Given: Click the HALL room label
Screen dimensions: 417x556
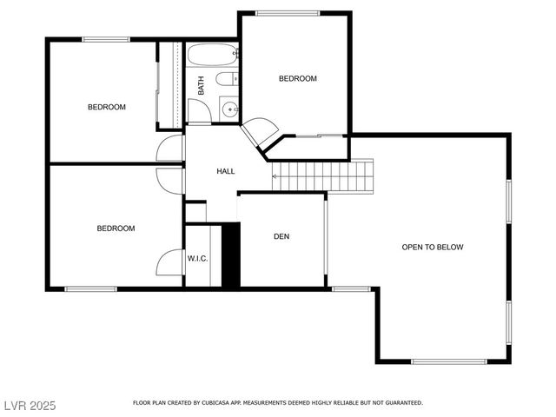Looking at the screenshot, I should (225, 171).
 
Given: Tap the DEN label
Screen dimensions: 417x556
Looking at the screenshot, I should (281, 236).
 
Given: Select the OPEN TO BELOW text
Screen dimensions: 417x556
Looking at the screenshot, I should (432, 247).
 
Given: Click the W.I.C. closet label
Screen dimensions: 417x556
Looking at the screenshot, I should (197, 258).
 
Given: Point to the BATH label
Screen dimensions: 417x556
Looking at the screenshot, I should (201, 85).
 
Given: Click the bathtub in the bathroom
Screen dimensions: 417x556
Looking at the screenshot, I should (211, 58).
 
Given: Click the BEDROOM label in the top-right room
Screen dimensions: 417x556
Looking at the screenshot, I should (297, 79).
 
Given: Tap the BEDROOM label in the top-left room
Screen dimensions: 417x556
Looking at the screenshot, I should (106, 107).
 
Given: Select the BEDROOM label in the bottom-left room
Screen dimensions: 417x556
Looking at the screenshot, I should (115, 228).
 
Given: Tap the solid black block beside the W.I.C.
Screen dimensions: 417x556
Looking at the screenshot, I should (230, 255).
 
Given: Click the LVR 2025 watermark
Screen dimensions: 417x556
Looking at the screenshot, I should (30, 405).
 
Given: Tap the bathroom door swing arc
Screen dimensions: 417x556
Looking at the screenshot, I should (199, 111).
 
